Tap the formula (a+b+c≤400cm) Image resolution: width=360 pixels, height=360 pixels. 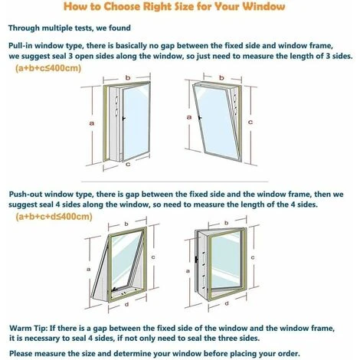coord(48,68)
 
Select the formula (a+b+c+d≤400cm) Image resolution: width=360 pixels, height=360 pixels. coord(54,217)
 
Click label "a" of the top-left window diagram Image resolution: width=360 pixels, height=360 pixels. coord(92,123)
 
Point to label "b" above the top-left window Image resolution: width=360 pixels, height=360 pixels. coord(128,77)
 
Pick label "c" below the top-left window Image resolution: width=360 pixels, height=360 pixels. coord(128,164)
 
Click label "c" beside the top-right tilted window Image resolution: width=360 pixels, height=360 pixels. coord(250,122)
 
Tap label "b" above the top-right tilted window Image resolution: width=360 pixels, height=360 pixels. coord(221,77)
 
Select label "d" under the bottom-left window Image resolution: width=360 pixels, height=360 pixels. coord(126,304)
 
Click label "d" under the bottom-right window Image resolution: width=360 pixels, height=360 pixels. coord(227,303)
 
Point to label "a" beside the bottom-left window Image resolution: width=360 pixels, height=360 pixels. coord(89,269)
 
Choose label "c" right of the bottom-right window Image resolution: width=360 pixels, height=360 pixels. coord(253,257)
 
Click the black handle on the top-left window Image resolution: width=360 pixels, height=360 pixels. coord(123,119)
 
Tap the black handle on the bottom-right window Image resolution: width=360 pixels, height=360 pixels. coord(196,260)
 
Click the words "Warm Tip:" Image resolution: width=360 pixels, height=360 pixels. coord(28,328)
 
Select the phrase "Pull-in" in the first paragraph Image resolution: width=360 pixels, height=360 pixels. coord(20,46)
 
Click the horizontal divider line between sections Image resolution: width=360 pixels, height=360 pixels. coord(175,182)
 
